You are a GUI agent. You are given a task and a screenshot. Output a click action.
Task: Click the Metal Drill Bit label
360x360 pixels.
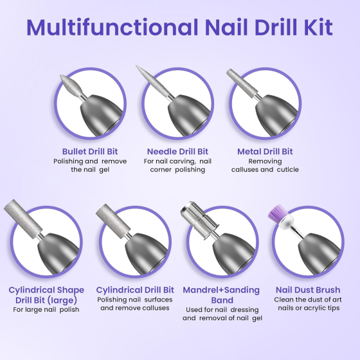click(x=265, y=151)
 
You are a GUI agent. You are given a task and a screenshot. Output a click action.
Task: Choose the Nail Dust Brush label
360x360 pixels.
click(x=307, y=290)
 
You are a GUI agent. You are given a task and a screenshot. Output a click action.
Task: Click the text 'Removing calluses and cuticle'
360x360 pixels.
click(x=265, y=165)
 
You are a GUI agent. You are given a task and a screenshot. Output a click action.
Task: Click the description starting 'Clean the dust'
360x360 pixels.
click(x=307, y=303)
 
